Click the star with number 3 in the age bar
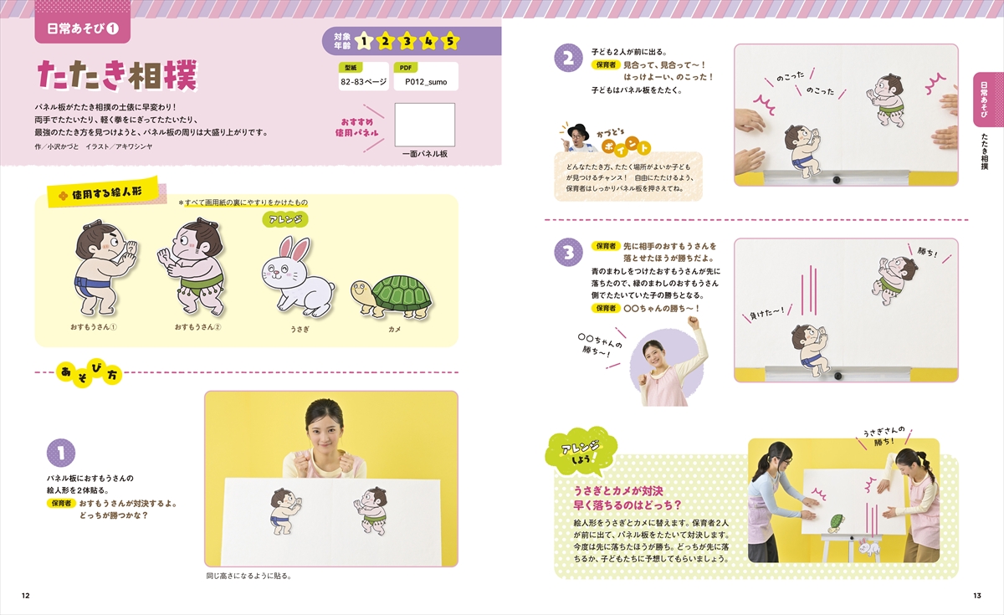[407, 42]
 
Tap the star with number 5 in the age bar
[450, 42]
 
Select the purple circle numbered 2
[568, 58]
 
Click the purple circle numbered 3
[568, 253]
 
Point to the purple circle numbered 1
[61, 453]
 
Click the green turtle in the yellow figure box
[392, 297]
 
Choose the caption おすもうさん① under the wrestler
[93, 327]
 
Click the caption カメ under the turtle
[394, 329]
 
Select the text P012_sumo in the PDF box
[426, 82]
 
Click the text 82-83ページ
[363, 82]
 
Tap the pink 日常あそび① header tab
[83, 28]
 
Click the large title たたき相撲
[117, 76]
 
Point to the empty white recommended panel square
[424, 125]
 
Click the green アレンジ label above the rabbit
[285, 219]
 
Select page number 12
[26, 595]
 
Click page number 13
[977, 595]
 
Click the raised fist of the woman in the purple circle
[693, 322]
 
